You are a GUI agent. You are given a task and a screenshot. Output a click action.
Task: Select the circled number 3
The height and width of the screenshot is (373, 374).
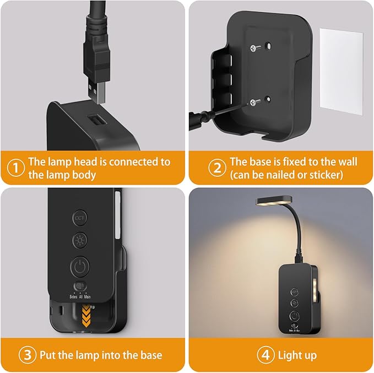point(26,354)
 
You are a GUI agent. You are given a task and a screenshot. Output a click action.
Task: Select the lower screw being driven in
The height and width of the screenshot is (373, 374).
point(253,102)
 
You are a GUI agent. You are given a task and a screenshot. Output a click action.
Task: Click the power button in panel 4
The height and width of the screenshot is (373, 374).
point(295,316)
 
